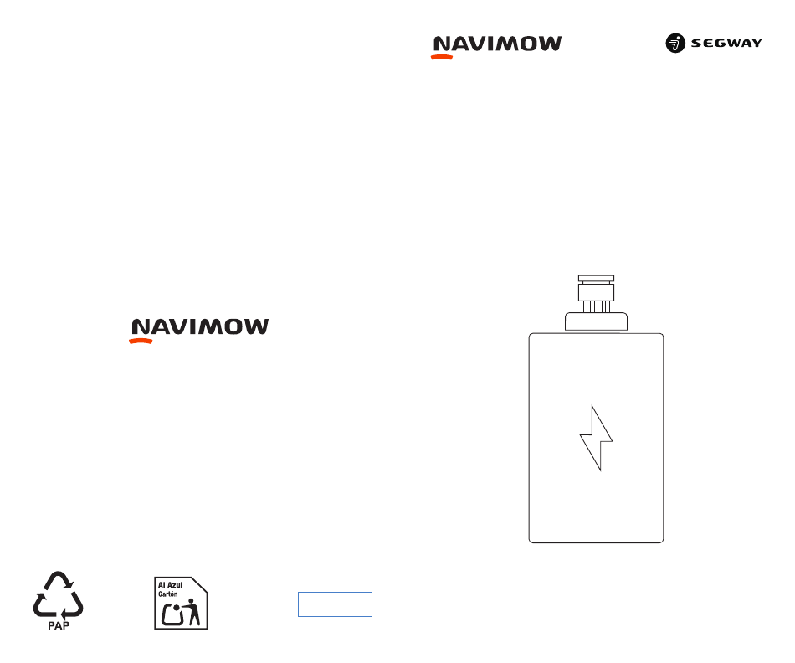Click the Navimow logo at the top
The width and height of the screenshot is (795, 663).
click(496, 47)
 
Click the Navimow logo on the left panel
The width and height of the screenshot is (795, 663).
click(199, 331)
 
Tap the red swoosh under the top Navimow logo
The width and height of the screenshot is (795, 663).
click(442, 57)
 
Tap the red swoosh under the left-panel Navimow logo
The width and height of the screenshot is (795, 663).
click(141, 342)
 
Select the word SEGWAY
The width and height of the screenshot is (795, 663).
click(726, 44)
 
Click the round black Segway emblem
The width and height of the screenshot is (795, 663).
click(675, 44)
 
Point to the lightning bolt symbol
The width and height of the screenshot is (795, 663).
click(596, 438)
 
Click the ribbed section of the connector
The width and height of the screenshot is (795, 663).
click(596, 306)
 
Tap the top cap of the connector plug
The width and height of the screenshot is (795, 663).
click(596, 279)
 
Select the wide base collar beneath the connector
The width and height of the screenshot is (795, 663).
click(596, 321)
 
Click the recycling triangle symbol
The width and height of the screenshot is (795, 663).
click(59, 594)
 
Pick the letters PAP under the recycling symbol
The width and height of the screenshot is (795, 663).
click(59, 626)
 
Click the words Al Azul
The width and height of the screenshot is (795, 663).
click(171, 585)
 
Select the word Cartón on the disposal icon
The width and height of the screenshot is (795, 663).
click(168, 594)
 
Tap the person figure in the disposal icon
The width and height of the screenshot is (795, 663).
click(192, 612)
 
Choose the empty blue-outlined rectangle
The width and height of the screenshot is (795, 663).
click(335, 604)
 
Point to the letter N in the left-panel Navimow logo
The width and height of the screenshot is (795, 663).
click(141, 327)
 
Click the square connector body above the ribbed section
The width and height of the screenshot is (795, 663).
click(596, 292)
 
